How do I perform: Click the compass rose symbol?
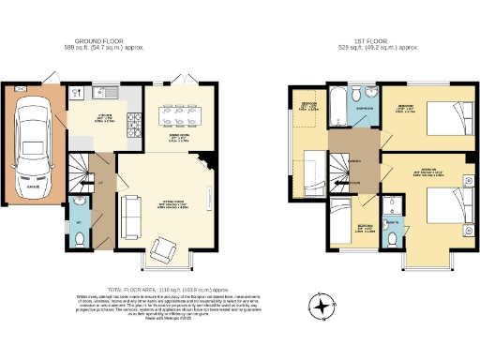tap(324, 307)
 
